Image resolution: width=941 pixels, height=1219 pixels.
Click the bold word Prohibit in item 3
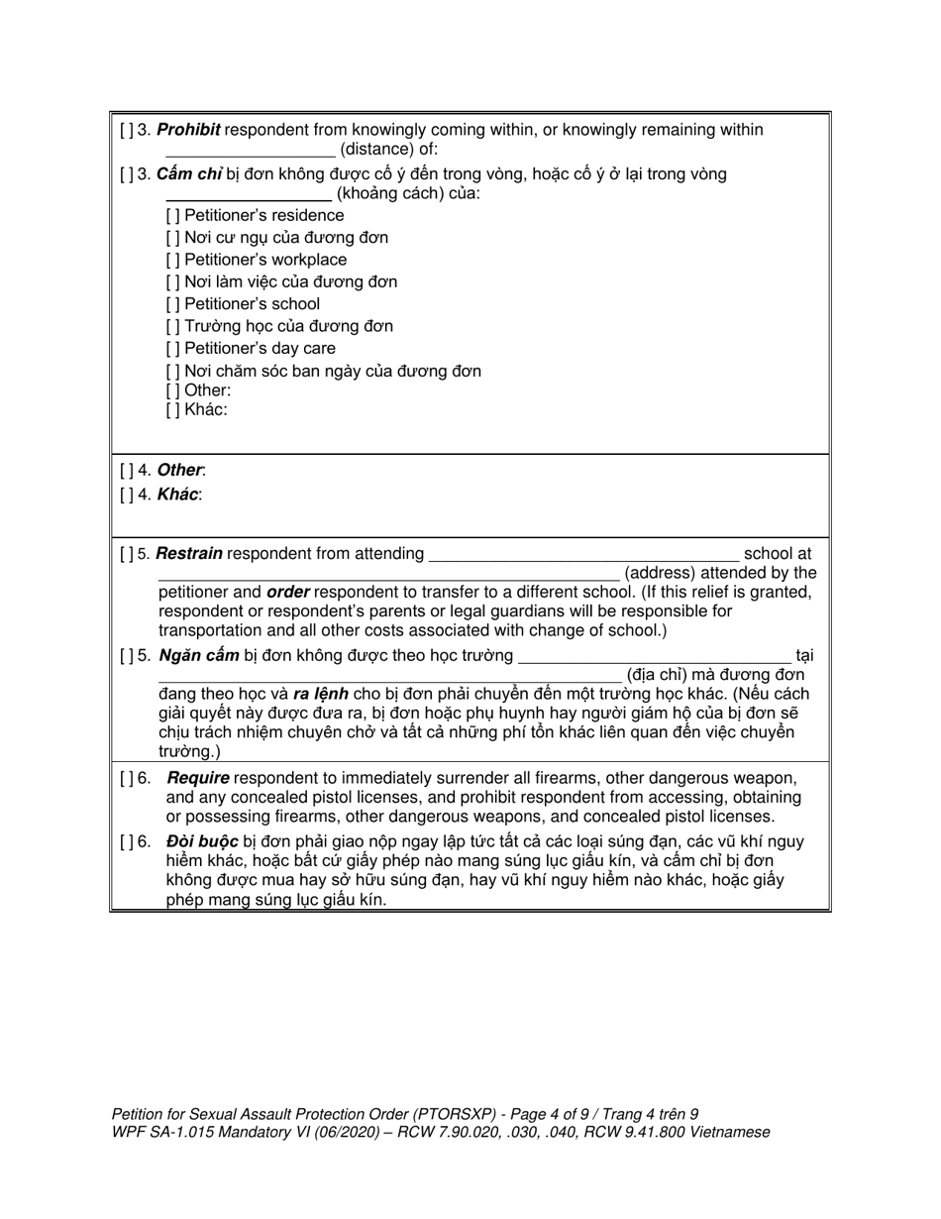click(188, 130)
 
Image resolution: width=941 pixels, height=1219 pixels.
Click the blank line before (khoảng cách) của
click(248, 196)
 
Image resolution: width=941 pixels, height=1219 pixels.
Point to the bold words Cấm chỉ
click(188, 174)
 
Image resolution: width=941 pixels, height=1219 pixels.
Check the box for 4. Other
click(128, 471)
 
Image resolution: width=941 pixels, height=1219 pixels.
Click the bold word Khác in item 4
click(178, 494)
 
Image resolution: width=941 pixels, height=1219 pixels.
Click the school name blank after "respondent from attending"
click(584, 557)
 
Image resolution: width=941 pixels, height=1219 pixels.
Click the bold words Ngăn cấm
click(197, 655)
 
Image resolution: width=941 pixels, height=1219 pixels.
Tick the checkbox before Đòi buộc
click(128, 842)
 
